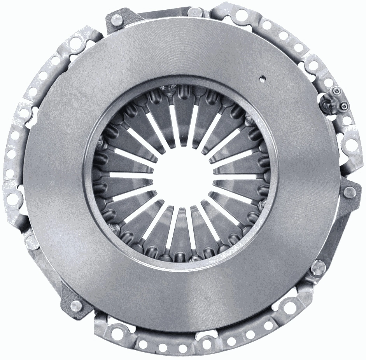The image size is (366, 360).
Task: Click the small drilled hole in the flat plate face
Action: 263,79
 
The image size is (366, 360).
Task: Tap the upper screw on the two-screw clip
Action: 337,91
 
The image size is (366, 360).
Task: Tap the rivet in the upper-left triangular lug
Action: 116,19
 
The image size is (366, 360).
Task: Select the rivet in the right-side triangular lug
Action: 349,191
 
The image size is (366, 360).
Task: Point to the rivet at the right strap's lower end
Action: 319,267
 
